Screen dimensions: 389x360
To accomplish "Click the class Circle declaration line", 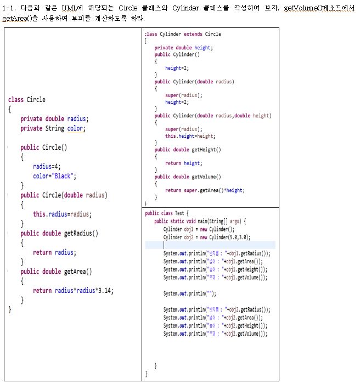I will [27, 100].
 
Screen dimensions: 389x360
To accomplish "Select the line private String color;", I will [53, 128].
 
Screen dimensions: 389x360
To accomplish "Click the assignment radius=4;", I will [48, 167].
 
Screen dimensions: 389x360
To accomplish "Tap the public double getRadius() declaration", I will [59, 234].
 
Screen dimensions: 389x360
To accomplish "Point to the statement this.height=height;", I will [190, 136].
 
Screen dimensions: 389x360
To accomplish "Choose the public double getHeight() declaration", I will [188, 149].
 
